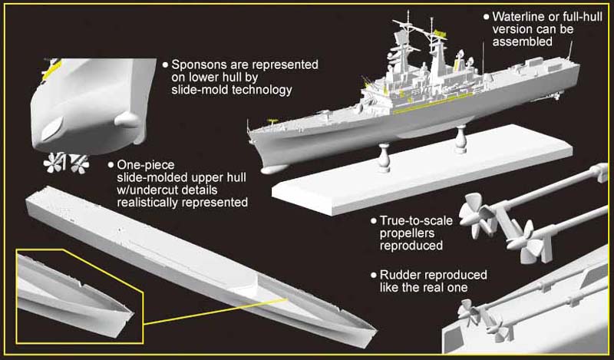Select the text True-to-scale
click(x=416, y=221)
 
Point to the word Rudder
click(x=399, y=274)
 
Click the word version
click(x=512, y=29)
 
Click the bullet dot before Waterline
click(x=485, y=16)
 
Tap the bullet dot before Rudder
click(x=373, y=274)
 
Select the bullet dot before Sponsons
click(x=164, y=65)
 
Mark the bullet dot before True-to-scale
click(x=373, y=221)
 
